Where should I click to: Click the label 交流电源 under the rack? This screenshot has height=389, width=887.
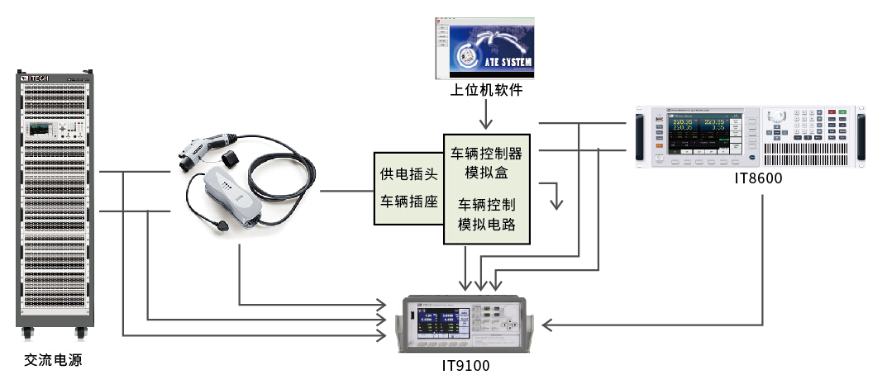[x=54, y=360]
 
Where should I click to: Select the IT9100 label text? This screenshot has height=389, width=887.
[x=465, y=363]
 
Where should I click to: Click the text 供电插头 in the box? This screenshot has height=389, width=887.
[x=408, y=174]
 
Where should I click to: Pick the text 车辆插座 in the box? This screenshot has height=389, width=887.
[x=408, y=202]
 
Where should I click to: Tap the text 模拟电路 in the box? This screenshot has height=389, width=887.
[x=486, y=224]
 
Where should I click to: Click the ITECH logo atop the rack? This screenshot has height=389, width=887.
[x=36, y=78]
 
